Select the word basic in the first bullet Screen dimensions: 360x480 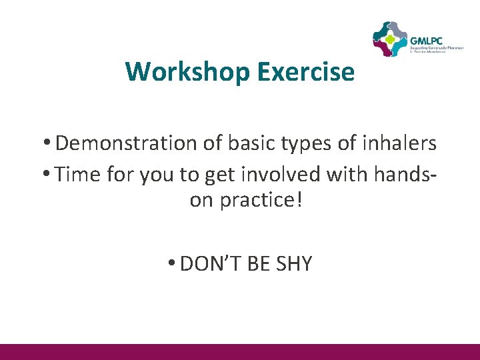click(x=251, y=143)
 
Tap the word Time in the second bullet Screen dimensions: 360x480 click(x=77, y=174)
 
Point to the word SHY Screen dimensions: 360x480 click(x=293, y=264)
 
